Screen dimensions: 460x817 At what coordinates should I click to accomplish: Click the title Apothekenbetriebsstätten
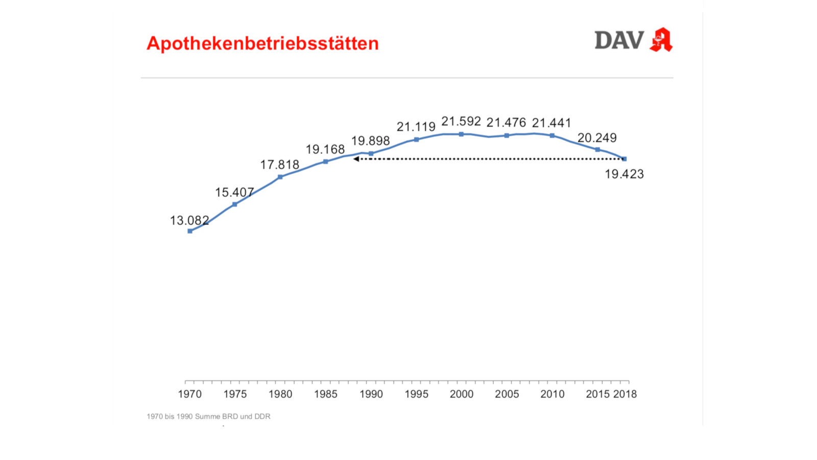coord(262,43)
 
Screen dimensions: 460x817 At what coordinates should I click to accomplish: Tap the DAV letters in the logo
coord(619,40)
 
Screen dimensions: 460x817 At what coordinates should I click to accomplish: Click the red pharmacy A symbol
coord(661,40)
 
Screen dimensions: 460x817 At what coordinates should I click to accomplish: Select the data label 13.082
coord(189,220)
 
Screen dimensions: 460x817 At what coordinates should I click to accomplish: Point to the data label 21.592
coord(461,122)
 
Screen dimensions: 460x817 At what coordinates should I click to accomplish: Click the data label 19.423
coord(624,174)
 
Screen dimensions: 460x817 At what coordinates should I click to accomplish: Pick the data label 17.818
coord(280,165)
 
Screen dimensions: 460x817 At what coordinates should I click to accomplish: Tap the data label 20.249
coord(597,138)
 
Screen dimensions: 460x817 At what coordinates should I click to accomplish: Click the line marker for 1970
coord(190,231)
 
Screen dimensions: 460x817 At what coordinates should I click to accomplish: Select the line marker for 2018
coord(624,159)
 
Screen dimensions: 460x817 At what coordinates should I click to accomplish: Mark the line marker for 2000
coord(461,134)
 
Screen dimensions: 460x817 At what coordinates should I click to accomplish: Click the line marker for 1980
coord(280,177)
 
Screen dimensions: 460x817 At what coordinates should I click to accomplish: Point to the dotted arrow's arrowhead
coord(356,159)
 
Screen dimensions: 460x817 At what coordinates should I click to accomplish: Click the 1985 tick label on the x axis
coord(326,394)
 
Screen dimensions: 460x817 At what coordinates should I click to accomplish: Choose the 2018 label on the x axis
coord(625,394)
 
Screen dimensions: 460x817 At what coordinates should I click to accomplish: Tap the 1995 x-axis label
coord(416,394)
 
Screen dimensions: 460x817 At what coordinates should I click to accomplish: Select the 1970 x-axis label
coord(189,394)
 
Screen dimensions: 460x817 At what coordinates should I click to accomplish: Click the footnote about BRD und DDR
coord(208,417)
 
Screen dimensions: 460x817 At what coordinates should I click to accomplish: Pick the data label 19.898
coord(370,141)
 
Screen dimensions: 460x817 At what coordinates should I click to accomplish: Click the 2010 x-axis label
coord(552,394)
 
